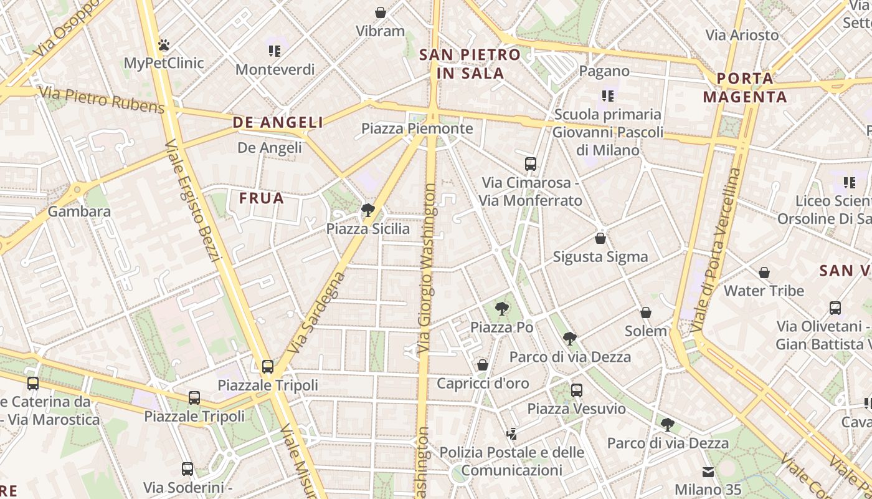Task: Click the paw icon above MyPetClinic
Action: [164, 45]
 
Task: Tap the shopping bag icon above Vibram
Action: [380, 12]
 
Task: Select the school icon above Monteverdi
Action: [275, 51]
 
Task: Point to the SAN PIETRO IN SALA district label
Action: [470, 64]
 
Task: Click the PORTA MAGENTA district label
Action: [745, 87]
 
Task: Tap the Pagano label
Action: [604, 71]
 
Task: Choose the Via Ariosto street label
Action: [742, 35]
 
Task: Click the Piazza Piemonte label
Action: [417, 128]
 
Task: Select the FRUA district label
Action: [262, 198]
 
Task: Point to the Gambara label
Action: [79, 211]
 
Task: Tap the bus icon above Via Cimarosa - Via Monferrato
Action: [531, 164]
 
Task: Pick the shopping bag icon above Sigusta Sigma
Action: [600, 238]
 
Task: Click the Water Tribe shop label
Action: [764, 291]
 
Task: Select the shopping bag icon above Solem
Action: [646, 312]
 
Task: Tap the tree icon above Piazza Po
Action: [501, 309]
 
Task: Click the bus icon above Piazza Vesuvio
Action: [577, 390]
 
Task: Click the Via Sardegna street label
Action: [317, 311]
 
